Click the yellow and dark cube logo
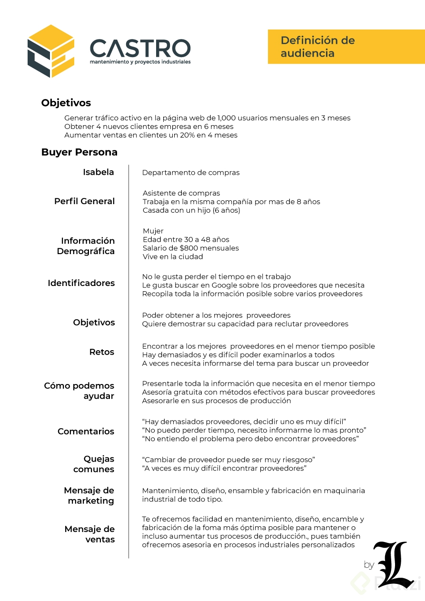pyautogui.click(x=50, y=51)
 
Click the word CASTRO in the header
pyautogui.click(x=140, y=48)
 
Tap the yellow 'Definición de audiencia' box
pyautogui.click(x=346, y=47)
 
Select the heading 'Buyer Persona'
pyautogui.click(x=79, y=152)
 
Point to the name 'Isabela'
pyautogui.click(x=99, y=172)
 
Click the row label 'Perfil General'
pyautogui.click(x=84, y=201)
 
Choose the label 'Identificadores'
pyautogui.click(x=81, y=283)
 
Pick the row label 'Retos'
pyautogui.click(x=102, y=352)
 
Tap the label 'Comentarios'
pyautogui.click(x=86, y=432)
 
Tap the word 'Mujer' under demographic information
pyautogui.click(x=153, y=231)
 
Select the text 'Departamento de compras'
pyautogui.click(x=191, y=173)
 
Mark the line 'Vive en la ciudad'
pyautogui.click(x=173, y=256)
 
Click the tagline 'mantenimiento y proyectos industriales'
pyautogui.click(x=140, y=62)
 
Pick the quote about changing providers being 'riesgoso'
pyautogui.click(x=228, y=460)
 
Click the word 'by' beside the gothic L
pyautogui.click(x=369, y=565)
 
